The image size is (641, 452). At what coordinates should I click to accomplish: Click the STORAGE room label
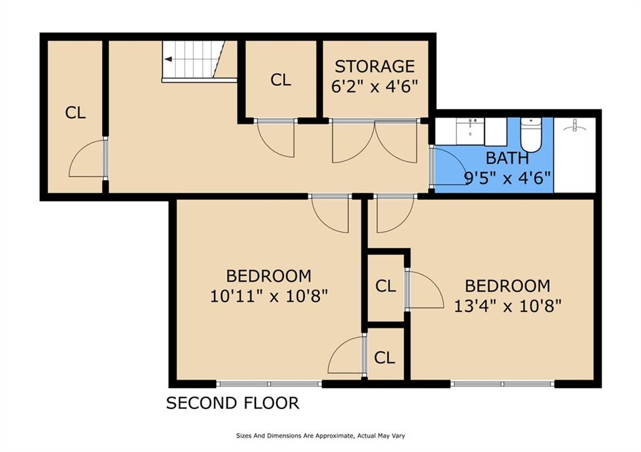[375, 66]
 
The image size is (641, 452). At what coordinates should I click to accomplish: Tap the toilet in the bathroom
[531, 135]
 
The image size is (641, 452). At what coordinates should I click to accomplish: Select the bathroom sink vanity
[471, 131]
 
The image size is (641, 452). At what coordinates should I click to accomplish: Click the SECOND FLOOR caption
[233, 403]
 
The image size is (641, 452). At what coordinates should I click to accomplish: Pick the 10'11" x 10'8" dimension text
[269, 296]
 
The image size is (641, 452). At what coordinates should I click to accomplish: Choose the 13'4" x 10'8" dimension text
[508, 306]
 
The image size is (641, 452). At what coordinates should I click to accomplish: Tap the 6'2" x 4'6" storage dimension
[375, 86]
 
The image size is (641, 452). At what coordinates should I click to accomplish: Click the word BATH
[507, 158]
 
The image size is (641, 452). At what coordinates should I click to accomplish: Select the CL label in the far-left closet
[75, 113]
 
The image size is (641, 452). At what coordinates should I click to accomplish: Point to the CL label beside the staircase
[281, 80]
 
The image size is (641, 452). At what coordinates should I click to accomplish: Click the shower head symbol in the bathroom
[575, 126]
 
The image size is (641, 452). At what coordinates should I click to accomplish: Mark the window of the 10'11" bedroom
[269, 384]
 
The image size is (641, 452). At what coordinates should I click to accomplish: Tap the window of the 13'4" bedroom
[503, 384]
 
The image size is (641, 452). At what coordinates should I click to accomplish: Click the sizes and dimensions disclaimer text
[320, 436]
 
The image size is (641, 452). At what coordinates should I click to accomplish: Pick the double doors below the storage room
[374, 141]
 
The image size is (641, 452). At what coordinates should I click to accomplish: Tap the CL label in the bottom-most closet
[385, 358]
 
